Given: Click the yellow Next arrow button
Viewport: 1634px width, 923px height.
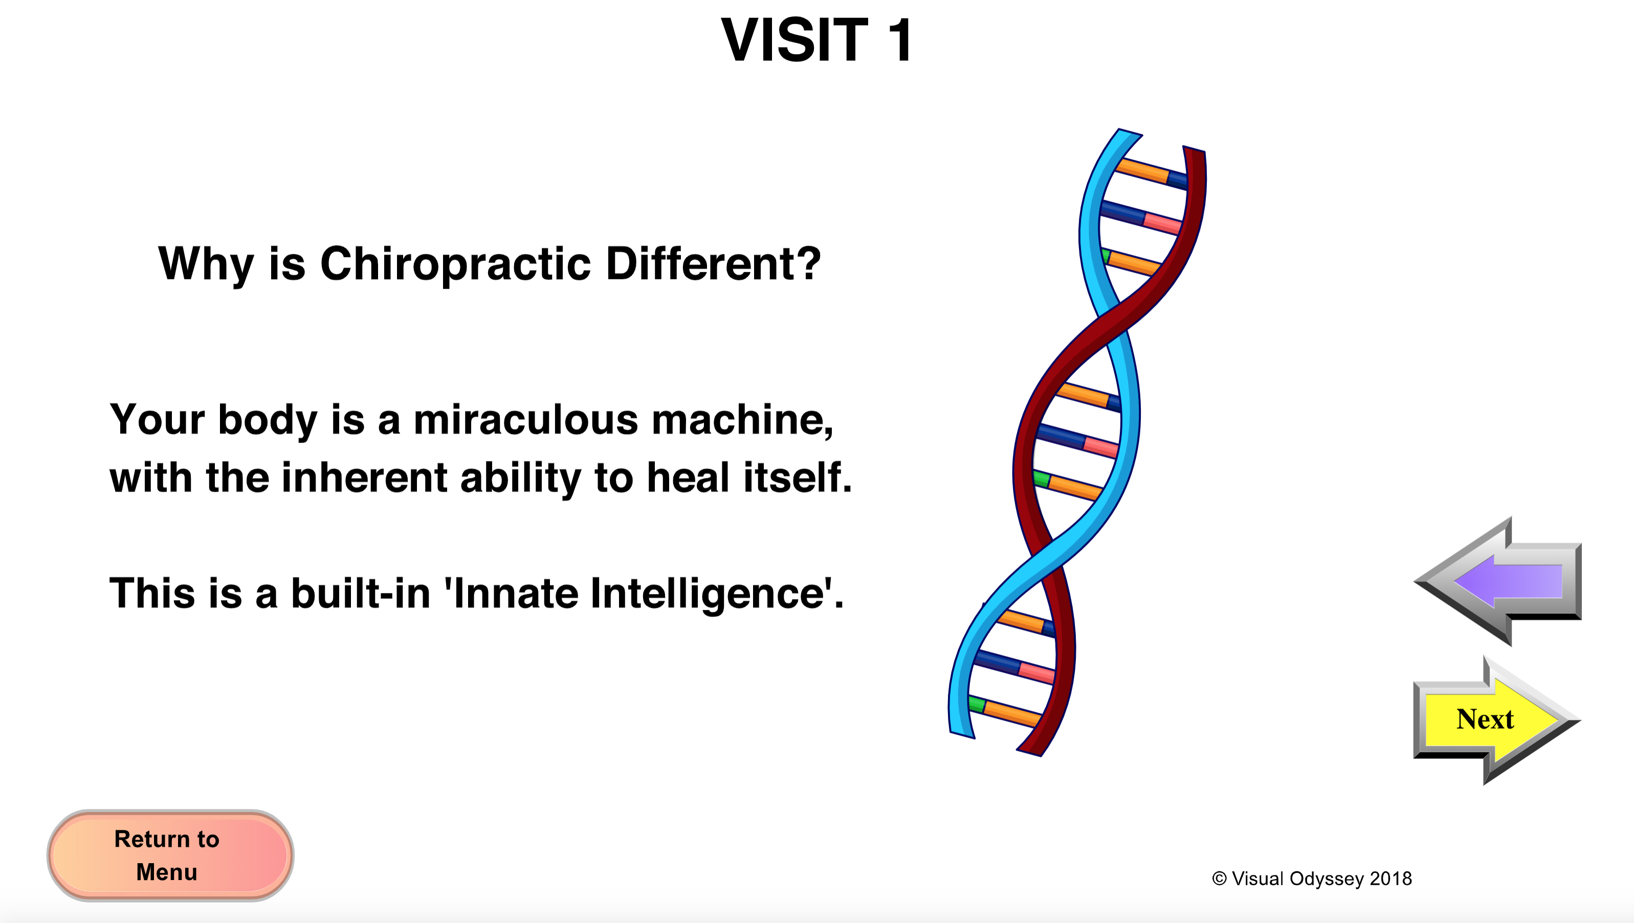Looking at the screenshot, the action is (1496, 720).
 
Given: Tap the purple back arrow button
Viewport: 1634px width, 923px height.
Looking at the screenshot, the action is (1498, 581).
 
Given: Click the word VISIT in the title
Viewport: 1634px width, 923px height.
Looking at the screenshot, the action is (794, 40).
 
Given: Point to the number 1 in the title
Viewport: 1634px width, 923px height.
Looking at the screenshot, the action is (900, 40).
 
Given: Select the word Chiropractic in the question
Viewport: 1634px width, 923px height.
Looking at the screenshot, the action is (456, 264).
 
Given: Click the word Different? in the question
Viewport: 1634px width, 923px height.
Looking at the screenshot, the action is (714, 263).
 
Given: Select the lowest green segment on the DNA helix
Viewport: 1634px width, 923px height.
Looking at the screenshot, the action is (977, 704).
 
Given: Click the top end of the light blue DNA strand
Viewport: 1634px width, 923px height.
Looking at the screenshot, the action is (1130, 132).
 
